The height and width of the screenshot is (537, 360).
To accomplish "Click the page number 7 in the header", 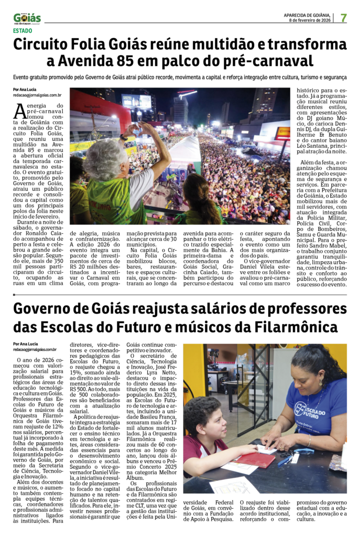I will tap(343, 17).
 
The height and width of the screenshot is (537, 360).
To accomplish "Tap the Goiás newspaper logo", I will tap(26, 18).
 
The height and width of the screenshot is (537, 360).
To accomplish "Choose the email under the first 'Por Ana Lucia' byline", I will tap(37, 95).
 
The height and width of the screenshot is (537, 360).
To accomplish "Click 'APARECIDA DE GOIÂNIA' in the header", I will tap(310, 15).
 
